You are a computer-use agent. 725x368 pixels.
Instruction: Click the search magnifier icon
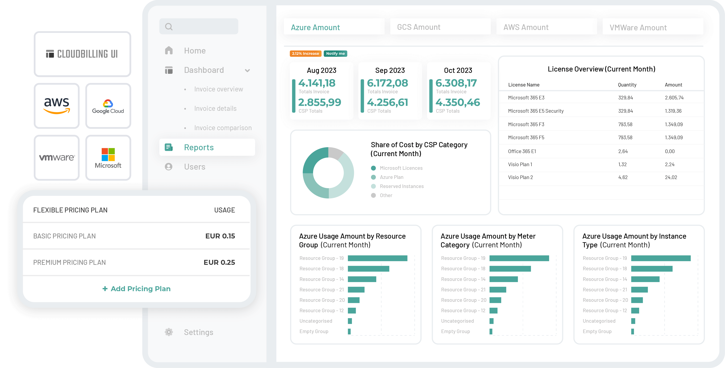(x=169, y=27)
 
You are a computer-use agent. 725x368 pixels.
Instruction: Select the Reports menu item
(x=199, y=147)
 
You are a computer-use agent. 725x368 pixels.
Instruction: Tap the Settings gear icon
(x=169, y=332)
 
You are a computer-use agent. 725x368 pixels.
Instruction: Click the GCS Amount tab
(x=419, y=27)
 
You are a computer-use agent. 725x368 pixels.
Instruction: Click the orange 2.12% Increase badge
(x=305, y=53)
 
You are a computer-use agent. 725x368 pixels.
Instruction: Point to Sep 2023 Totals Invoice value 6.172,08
(x=387, y=83)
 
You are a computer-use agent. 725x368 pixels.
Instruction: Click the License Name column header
(x=523, y=85)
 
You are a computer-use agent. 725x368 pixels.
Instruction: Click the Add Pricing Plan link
(x=136, y=289)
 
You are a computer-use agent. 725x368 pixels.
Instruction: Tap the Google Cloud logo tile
(x=108, y=106)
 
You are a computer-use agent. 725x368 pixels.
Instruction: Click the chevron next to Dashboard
(x=247, y=70)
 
